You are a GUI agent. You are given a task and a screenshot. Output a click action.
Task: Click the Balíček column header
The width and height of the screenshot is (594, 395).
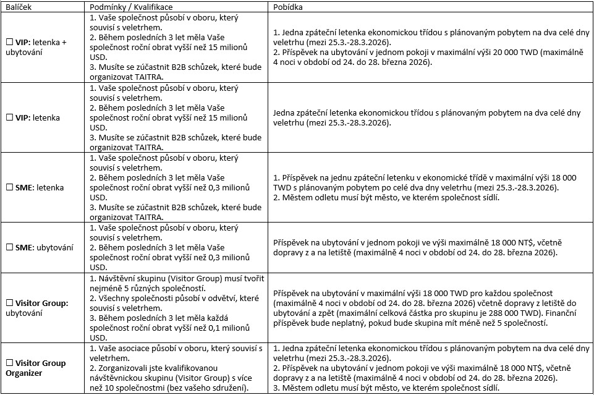18,6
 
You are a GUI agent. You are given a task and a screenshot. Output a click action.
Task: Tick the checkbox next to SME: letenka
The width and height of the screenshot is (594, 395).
9,186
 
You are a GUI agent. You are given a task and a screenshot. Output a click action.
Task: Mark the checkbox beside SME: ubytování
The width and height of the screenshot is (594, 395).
9,247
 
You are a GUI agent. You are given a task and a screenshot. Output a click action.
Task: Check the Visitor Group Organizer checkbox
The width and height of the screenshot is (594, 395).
9,363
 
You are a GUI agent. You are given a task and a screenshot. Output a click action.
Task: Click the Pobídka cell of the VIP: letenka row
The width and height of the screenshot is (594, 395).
430,118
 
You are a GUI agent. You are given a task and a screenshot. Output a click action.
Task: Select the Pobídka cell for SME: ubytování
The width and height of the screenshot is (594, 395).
430,247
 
